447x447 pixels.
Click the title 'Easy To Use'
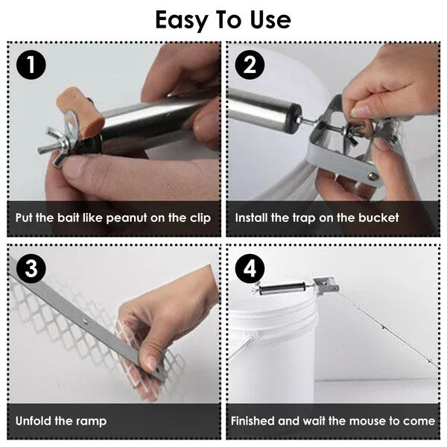(223, 20)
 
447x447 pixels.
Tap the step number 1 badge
(31, 65)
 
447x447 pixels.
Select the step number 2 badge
(250, 65)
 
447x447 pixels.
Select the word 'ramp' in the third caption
(90, 422)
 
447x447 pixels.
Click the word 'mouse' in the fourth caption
(364, 422)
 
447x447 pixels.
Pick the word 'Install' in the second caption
(253, 218)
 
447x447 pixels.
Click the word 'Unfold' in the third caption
(34, 422)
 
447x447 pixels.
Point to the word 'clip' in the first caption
(200, 218)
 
